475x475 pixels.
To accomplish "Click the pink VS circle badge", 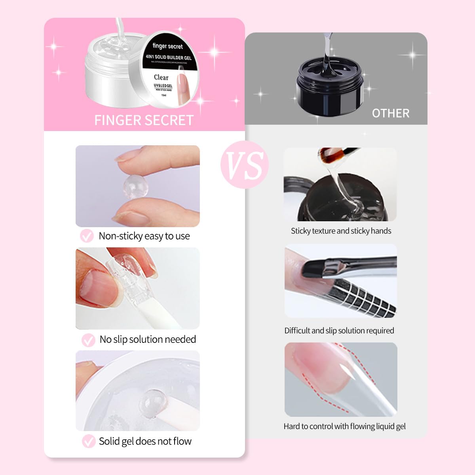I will click(245, 165).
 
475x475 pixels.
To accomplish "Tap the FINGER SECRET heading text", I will click(144, 120).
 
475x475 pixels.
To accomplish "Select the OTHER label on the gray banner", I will click(390, 114).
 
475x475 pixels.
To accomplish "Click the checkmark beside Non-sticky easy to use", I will click(87, 236).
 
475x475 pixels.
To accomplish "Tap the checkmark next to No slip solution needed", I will click(88, 340).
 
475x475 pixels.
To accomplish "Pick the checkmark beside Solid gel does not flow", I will click(88, 441).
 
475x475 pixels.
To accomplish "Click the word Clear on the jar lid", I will click(161, 78).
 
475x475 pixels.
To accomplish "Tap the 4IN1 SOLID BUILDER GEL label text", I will click(168, 57).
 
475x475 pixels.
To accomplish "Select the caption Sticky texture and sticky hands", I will click(341, 231).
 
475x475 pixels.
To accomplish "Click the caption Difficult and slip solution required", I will click(339, 331).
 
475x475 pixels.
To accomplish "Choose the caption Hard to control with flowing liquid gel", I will click(344, 426).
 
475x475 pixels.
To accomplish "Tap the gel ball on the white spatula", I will click(152, 402).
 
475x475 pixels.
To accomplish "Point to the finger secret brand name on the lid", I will click(168, 46).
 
